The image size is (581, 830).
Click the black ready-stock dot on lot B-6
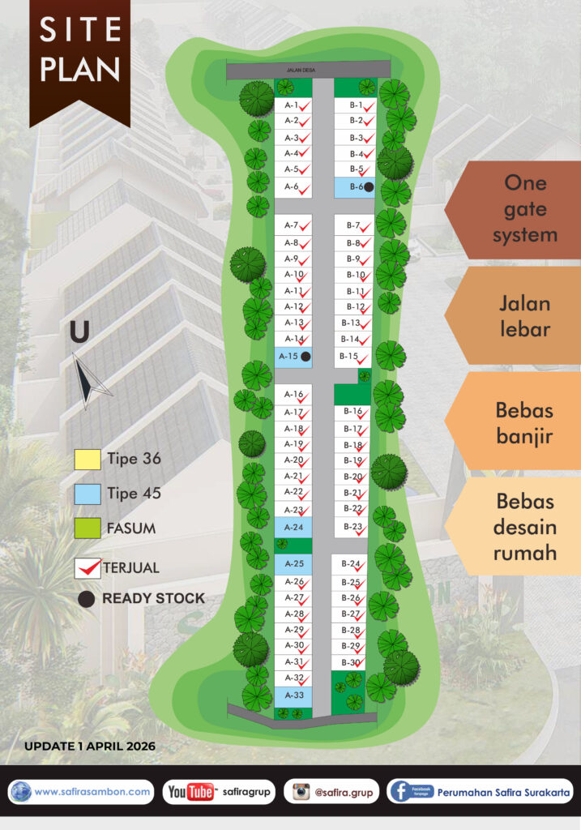369,187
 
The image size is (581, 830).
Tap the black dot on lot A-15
305,356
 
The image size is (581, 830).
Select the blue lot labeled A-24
293,527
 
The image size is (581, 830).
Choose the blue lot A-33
293,695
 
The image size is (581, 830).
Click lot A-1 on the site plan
293,105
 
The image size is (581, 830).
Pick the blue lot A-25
293,563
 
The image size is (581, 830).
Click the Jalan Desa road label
309,71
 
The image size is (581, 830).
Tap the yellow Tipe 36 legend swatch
87,460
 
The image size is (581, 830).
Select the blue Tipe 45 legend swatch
87,494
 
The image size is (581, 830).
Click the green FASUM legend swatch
87,528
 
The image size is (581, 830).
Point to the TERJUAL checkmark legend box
88,568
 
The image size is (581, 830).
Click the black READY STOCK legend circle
87,599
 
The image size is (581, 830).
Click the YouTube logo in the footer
191,792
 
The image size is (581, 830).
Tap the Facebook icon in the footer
400,791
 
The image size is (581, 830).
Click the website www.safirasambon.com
92,791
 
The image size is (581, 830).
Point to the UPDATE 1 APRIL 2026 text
90,745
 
